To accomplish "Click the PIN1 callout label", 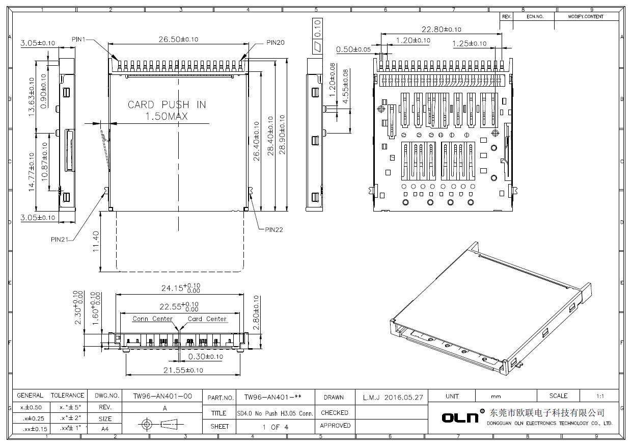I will pyautogui.click(x=79, y=39).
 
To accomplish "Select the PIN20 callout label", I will pyautogui.click(x=275, y=43).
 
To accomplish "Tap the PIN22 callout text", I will pyautogui.click(x=273, y=229).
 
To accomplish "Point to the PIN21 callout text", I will pyautogui.click(x=60, y=239).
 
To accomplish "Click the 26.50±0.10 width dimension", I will pyautogui.click(x=178, y=39).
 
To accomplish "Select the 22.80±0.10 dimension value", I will pyautogui.click(x=441, y=29).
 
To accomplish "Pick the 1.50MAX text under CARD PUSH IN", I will pyautogui.click(x=167, y=116).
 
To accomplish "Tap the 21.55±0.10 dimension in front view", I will pyautogui.click(x=183, y=370).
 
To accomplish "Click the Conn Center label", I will pyautogui.click(x=152, y=319).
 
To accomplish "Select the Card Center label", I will pyautogui.click(x=207, y=319).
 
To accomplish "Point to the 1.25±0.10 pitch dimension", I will pyautogui.click(x=469, y=44).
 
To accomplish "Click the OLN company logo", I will pyautogui.click(x=460, y=417).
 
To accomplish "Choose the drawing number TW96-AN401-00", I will pyautogui.click(x=162, y=396).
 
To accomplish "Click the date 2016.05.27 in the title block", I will pyautogui.click(x=403, y=397).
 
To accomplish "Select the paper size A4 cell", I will pyautogui.click(x=104, y=429).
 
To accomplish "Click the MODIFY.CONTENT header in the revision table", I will pyautogui.click(x=586, y=16).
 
